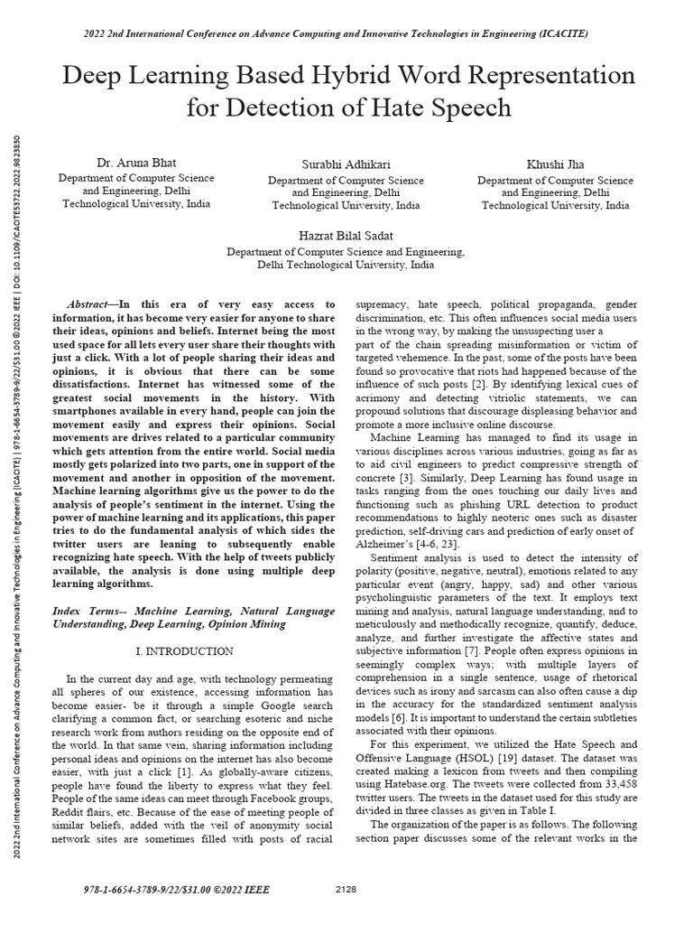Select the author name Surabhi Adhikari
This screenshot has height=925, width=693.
tap(346, 164)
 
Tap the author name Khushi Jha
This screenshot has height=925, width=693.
tap(555, 164)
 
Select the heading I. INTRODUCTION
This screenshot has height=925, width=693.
tap(184, 650)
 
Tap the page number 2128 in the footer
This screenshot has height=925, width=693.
tap(346, 890)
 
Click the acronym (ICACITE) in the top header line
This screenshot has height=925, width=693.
tap(561, 33)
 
